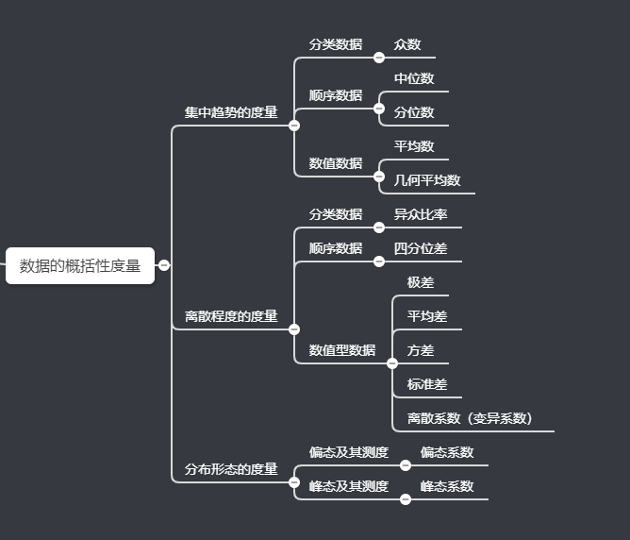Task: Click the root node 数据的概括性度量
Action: pos(80,265)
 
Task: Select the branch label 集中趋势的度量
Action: pos(231,112)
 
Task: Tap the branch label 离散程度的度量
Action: pos(231,316)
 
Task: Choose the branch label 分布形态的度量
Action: pos(231,469)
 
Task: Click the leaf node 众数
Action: pos(407,44)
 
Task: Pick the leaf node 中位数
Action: pos(414,78)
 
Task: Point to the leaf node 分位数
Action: pos(414,112)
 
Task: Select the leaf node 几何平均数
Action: pos(427,180)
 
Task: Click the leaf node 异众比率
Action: pos(421,214)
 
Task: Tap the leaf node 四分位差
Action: pos(421,248)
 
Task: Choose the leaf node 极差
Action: pos(421,282)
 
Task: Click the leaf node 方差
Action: pos(421,350)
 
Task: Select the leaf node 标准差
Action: pos(427,384)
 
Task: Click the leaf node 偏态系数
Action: pos(447,452)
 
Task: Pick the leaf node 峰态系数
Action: pos(447,486)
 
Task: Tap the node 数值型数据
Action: pos(342,350)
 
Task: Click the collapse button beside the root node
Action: pos(164,265)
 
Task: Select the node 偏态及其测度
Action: pos(349,452)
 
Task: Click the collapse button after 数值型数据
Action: pos(392,363)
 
